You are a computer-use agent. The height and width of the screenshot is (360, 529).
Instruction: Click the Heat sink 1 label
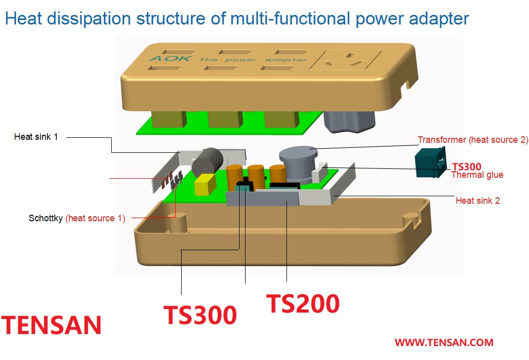pos(36,137)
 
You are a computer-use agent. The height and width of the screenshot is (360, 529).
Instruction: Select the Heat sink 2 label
pos(478,200)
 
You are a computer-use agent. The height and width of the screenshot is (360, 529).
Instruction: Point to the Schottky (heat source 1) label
pos(77,218)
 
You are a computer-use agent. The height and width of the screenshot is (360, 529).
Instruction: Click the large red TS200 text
pos(303,304)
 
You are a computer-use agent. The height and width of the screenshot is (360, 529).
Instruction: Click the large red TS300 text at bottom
pos(200,315)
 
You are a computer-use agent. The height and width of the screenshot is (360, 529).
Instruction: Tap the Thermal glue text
pos(478,175)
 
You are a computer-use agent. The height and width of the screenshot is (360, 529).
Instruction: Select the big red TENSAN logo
pos(51,325)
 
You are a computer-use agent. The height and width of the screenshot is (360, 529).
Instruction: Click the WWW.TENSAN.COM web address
pos(444,343)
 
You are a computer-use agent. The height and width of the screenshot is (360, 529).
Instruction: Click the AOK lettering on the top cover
pos(171,58)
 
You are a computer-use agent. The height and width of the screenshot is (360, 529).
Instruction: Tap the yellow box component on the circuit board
pos(205,184)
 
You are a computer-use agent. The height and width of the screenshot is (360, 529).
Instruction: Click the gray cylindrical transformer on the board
pos(298,164)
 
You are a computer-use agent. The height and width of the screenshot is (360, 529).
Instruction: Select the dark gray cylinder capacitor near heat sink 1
pos(208,161)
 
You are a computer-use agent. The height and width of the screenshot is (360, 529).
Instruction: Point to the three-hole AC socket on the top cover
pos(346,59)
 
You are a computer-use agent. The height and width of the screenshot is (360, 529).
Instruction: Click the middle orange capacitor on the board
pos(256,175)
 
